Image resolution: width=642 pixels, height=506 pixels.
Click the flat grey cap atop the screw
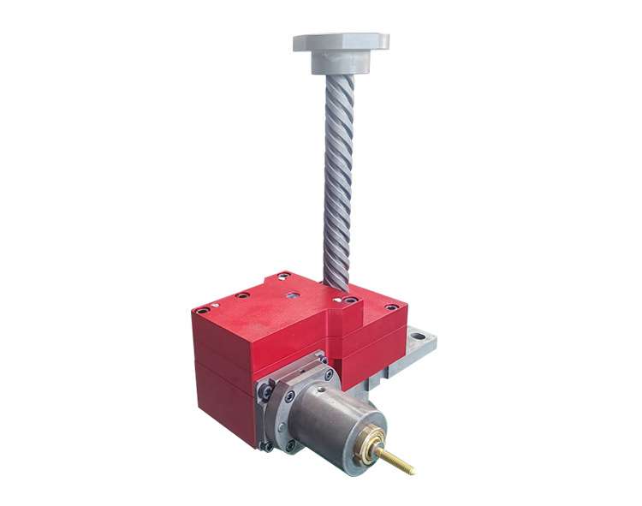pos(341,40)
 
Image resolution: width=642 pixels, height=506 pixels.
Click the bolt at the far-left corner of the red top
pos(202,311)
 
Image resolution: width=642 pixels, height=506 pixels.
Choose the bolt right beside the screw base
pos(349,301)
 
